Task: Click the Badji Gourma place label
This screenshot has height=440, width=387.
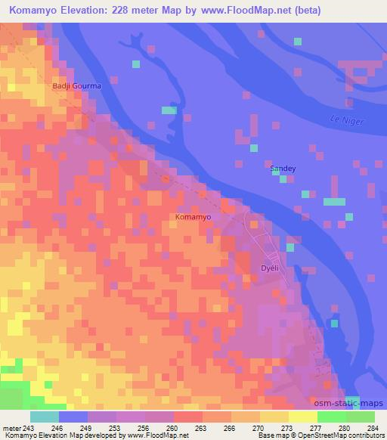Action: (76, 86)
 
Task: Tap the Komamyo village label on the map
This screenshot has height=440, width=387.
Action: (193, 217)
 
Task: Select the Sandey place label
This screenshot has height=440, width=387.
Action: (283, 169)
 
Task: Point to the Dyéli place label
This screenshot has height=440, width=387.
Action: (270, 268)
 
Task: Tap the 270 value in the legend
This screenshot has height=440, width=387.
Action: (246, 427)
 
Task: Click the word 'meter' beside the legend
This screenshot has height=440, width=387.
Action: (12, 427)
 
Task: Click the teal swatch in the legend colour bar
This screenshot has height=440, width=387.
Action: (45, 417)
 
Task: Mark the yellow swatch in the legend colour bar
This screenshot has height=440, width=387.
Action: (303, 417)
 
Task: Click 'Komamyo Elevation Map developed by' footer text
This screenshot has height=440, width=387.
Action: (57, 435)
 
